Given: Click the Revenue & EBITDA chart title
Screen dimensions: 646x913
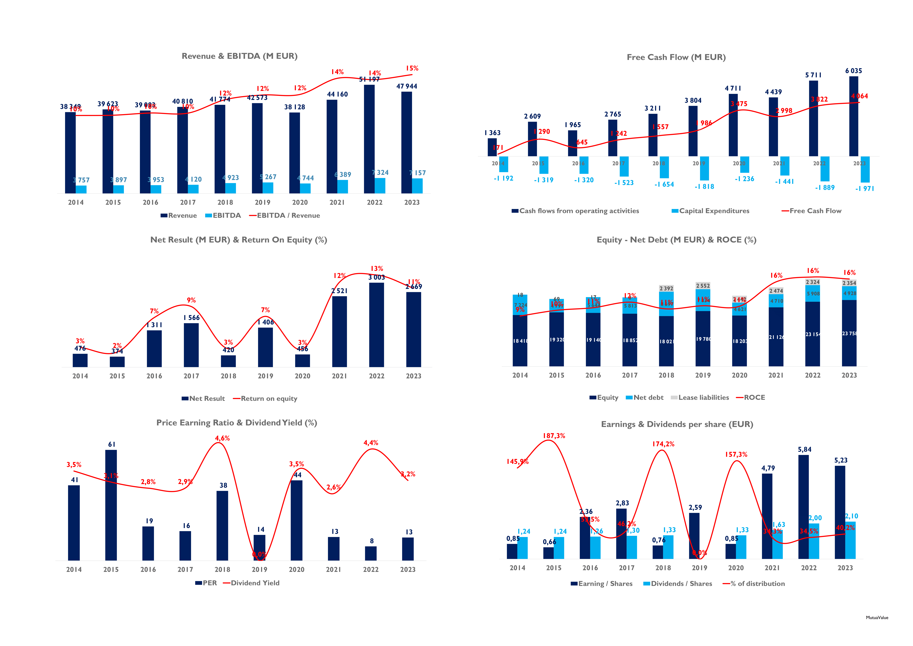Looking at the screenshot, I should point(239,56).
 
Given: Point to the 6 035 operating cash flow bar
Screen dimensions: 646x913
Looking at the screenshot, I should point(853,116).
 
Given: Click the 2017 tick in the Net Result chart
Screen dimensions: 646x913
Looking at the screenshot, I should point(191,376).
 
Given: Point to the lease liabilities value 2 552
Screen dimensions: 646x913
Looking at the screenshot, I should point(703,286).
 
